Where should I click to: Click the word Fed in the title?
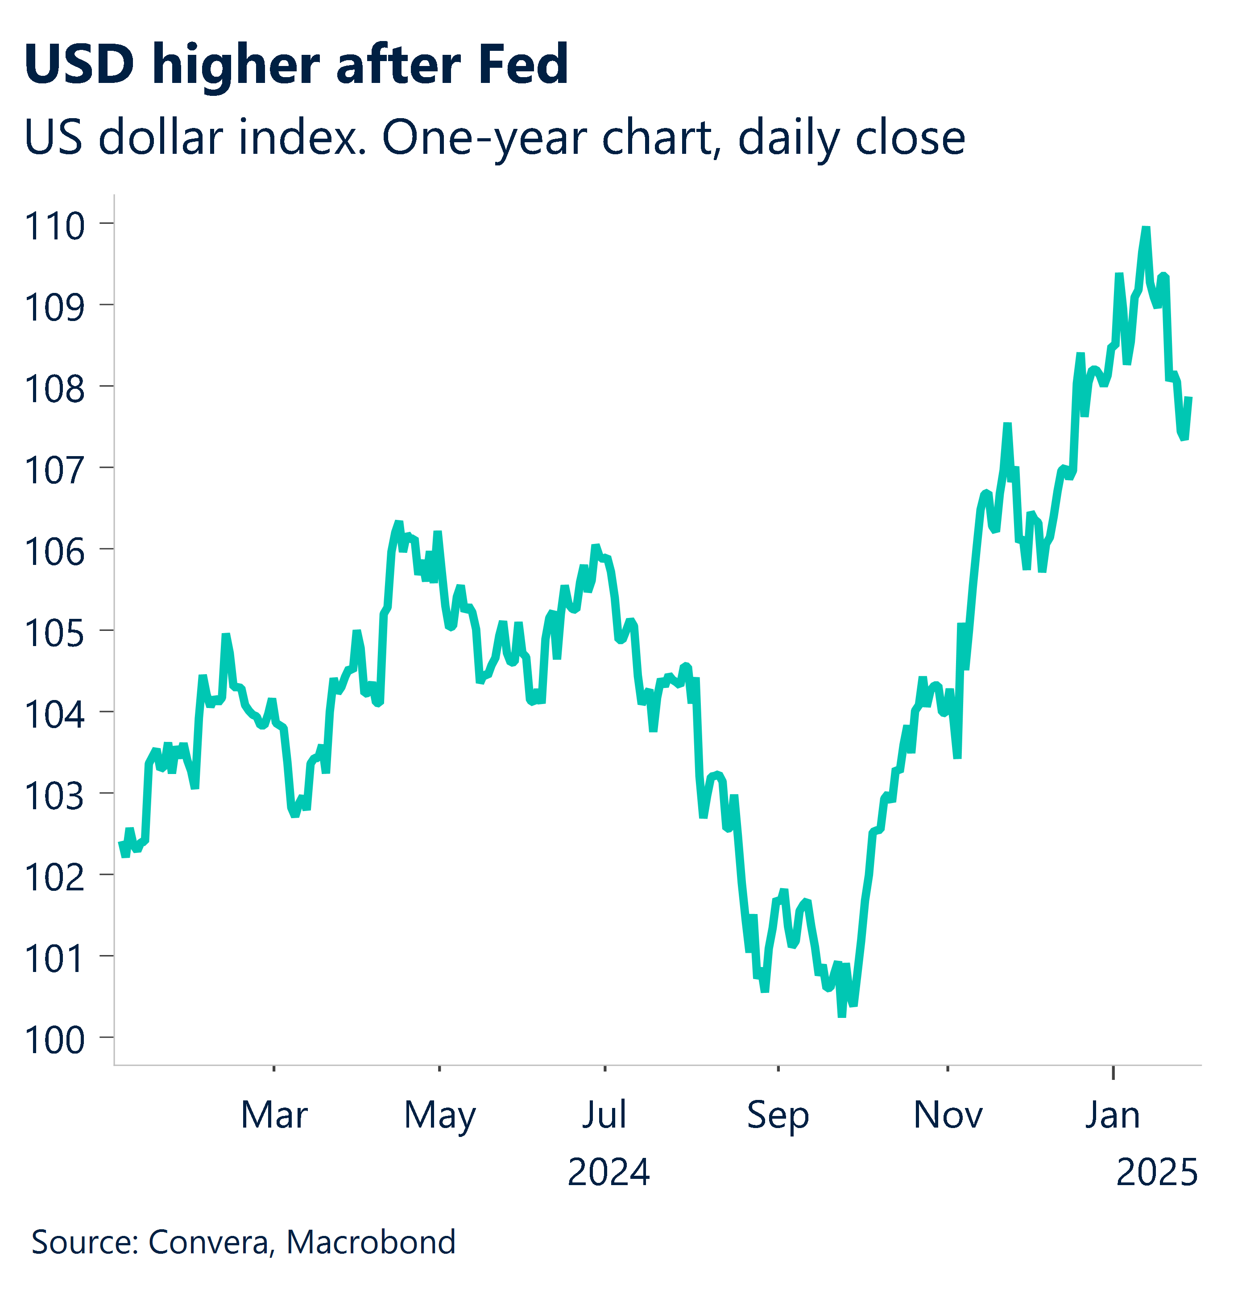pyautogui.click(x=523, y=65)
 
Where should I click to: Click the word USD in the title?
pyautogui.click(x=79, y=65)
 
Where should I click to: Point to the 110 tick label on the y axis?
pyautogui.click(x=55, y=226)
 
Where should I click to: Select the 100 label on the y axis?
pyautogui.click(x=55, y=1040)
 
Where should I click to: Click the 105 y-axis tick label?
pyautogui.click(x=55, y=633)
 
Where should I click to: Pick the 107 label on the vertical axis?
pyautogui.click(x=55, y=470)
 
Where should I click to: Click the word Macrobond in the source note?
pyautogui.click(x=371, y=1242)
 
